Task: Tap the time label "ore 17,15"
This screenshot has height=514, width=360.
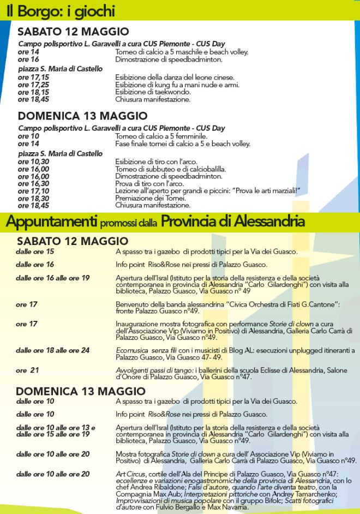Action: (x=33, y=77)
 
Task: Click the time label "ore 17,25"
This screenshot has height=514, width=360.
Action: (x=33, y=85)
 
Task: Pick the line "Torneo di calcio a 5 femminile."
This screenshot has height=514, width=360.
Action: (x=161, y=136)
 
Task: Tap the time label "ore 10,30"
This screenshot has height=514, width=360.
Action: (x=33, y=162)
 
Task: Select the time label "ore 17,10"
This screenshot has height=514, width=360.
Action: (x=33, y=191)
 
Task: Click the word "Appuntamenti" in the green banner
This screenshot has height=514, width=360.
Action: (x=50, y=222)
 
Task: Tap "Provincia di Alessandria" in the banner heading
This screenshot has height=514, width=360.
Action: (x=233, y=222)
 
